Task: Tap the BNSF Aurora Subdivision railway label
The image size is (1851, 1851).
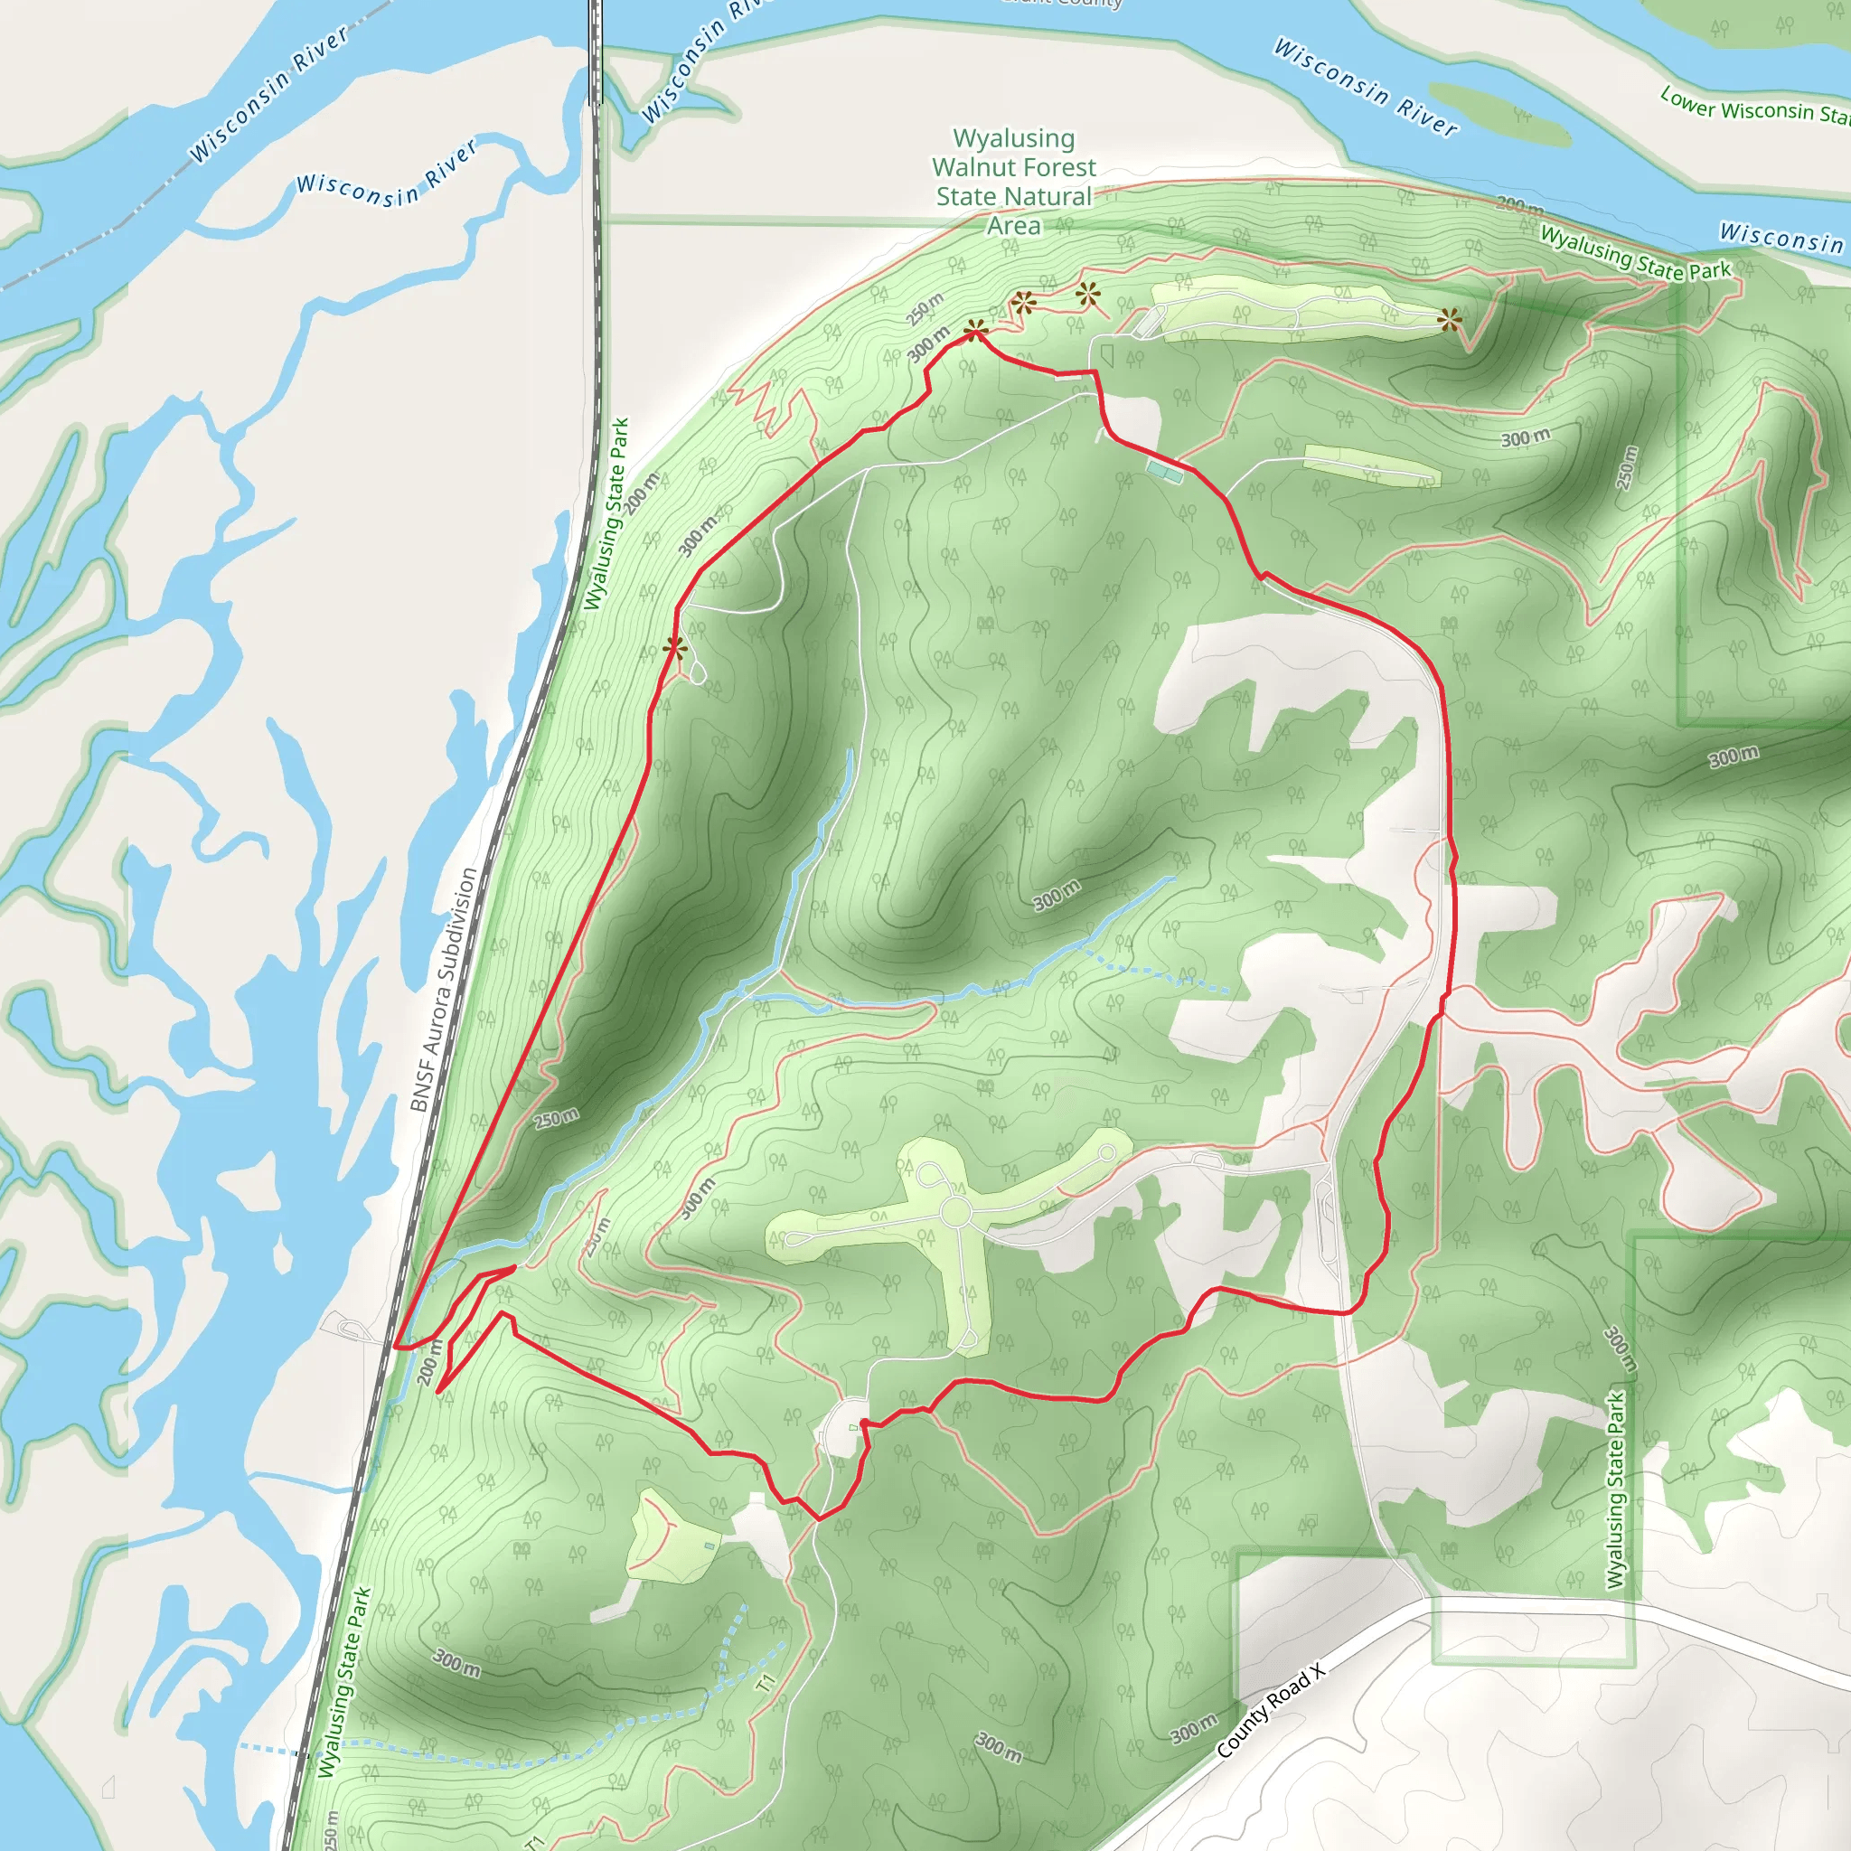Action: click(443, 989)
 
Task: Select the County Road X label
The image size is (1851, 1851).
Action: click(1271, 1711)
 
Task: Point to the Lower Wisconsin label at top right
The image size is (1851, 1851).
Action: click(1753, 108)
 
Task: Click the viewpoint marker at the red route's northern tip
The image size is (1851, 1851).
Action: click(975, 332)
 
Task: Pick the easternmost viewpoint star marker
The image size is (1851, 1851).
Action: click(1450, 319)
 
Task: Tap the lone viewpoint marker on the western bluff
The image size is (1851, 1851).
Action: click(674, 649)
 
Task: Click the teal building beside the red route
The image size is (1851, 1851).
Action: click(1165, 470)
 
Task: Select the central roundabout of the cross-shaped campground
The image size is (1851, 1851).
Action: click(955, 1212)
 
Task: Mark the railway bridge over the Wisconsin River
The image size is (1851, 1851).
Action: click(596, 52)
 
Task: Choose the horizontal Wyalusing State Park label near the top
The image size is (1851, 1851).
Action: click(1634, 253)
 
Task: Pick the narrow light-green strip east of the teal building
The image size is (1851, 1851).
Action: click(1372, 463)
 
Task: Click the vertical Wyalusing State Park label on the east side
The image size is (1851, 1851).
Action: click(1616, 1490)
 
